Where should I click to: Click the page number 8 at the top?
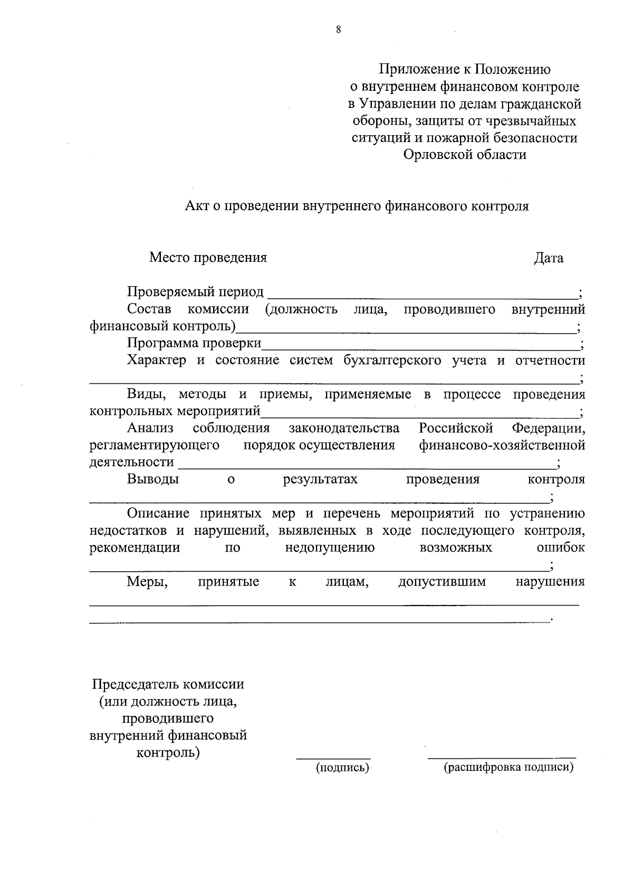point(338,30)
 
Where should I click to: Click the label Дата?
point(548,258)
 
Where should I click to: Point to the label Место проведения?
point(208,258)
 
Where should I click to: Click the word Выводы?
point(152,479)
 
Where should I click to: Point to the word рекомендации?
point(135,548)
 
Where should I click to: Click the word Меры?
point(147,582)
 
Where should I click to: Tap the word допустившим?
point(442,582)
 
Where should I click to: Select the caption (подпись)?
point(342,768)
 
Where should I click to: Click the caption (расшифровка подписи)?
point(508,768)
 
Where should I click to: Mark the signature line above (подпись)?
point(333,758)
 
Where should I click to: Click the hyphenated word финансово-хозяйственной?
point(502,445)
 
